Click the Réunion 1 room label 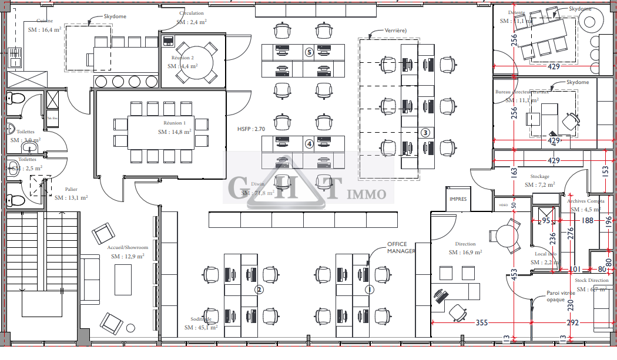(x=175, y=123)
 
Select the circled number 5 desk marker (x=309, y=52)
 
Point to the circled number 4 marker (x=309, y=143)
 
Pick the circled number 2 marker (x=258, y=290)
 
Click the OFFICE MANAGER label (x=401, y=247)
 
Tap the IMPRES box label (x=458, y=199)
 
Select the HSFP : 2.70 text (x=251, y=129)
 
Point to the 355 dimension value (x=482, y=322)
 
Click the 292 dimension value (x=572, y=322)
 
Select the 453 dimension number (x=514, y=274)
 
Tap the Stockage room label (x=539, y=176)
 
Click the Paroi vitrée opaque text (x=560, y=295)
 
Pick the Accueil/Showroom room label (x=128, y=247)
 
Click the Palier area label (x=71, y=189)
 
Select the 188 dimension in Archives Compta (x=587, y=220)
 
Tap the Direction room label (x=465, y=244)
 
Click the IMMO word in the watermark (x=369, y=194)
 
